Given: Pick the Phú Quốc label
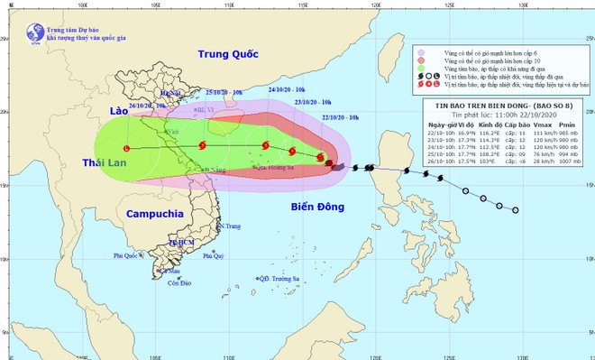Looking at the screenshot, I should (x=130, y=256).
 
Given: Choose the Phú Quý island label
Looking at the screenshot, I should (x=213, y=256).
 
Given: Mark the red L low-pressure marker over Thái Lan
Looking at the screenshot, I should (x=126, y=148).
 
